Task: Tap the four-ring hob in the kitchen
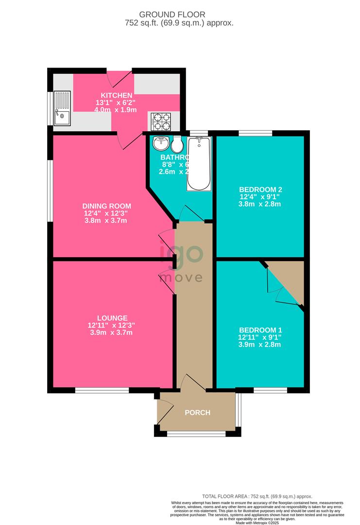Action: (x=160, y=120)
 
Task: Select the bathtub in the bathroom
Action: (x=199, y=163)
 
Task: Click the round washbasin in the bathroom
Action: (x=161, y=143)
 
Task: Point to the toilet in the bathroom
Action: (x=177, y=144)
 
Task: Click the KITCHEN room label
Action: (x=117, y=95)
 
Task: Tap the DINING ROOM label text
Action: (x=107, y=206)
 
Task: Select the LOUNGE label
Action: (x=101, y=318)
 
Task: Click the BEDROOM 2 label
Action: (x=260, y=190)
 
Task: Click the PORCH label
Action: (x=198, y=413)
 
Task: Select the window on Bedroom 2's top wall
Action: (x=255, y=133)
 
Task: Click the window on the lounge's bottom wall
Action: (x=102, y=390)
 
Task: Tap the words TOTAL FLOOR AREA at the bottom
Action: (x=223, y=496)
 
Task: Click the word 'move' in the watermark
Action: (x=181, y=278)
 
